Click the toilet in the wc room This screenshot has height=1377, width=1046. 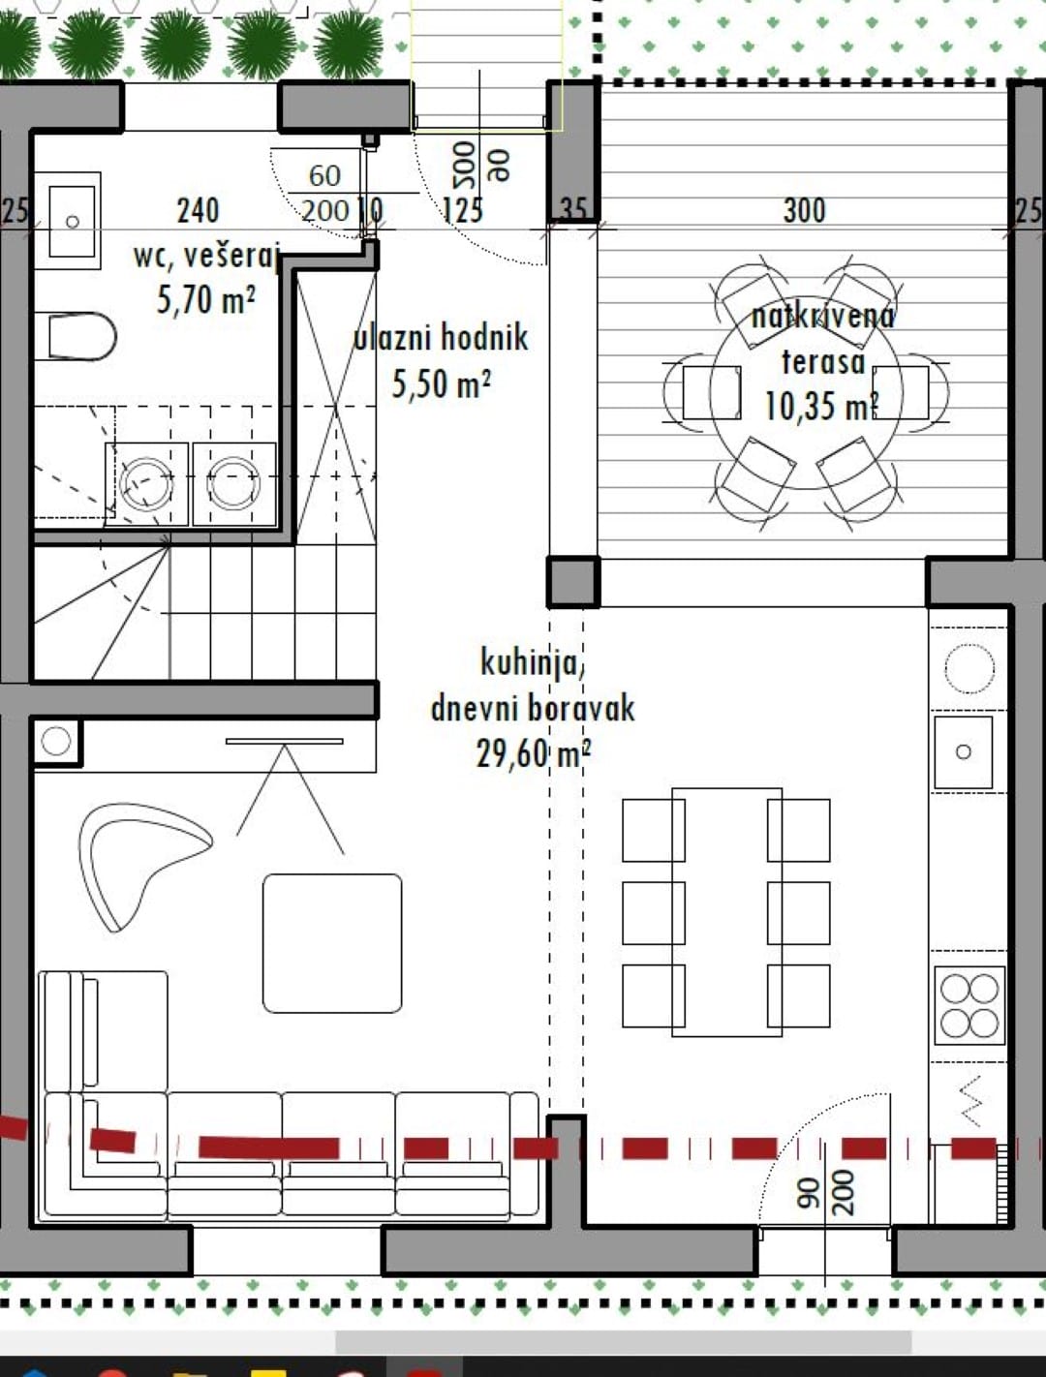pos(77,336)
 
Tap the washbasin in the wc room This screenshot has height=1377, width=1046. pos(68,221)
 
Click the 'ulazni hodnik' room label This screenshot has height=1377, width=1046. pos(441,338)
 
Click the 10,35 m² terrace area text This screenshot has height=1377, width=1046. pos(821,406)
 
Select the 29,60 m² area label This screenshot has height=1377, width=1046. pos(534,753)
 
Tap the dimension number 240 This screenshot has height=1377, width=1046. pos(199,211)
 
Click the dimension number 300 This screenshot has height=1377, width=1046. pos(805,211)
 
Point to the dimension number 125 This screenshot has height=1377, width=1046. pos(463,211)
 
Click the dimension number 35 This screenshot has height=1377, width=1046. pos(573,211)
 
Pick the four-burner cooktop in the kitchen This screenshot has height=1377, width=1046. pos(969,1005)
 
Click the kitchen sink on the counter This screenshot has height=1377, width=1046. pos(964,752)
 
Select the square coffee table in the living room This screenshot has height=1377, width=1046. pos(332,943)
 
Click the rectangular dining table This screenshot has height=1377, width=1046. pos(726,913)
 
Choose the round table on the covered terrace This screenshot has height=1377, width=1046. pos(807,393)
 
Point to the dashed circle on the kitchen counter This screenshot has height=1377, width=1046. pos(969,668)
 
